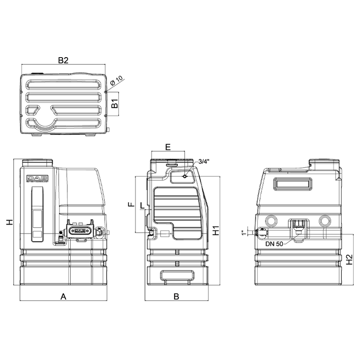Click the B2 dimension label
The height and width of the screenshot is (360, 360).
63,61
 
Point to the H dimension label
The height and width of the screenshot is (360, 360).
8,222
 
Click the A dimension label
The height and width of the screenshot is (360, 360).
63,296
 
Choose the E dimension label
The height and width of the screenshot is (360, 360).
168,147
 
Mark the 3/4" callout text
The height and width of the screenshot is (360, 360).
204,162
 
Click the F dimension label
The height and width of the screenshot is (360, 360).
131,204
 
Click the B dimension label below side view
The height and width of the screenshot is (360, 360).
176,296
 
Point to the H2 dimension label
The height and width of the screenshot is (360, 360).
349,260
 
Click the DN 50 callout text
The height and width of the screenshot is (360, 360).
274,244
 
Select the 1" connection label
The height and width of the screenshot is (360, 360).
243,233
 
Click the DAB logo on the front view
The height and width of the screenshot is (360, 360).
37,178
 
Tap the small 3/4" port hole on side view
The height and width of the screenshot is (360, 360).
184,177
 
